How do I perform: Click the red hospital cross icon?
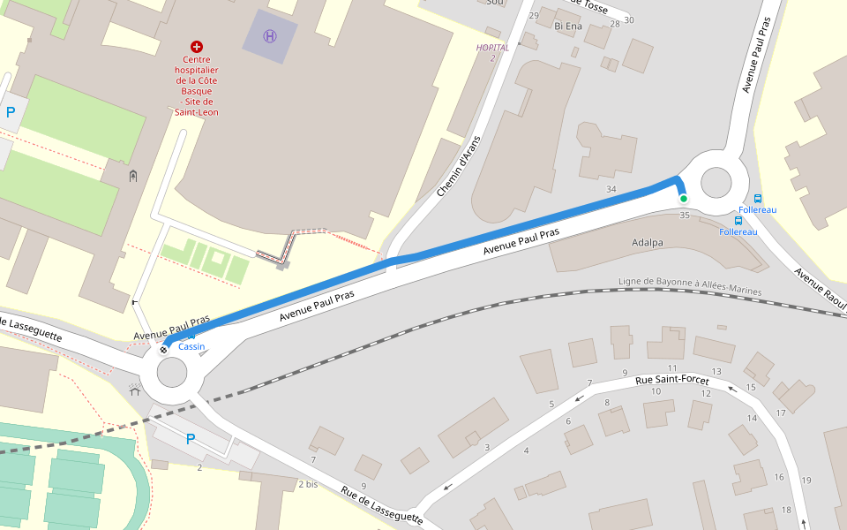(x=197, y=45)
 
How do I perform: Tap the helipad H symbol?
(x=270, y=36)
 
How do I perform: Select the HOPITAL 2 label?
(x=492, y=52)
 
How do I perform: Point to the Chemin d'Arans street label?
(x=460, y=167)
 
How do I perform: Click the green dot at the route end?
(x=683, y=199)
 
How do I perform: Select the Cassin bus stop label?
(x=191, y=346)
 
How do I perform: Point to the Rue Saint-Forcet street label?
(x=672, y=380)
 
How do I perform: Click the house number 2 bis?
(x=308, y=484)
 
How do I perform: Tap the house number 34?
(x=611, y=189)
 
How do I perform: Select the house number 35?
(x=685, y=215)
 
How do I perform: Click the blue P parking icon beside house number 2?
(x=191, y=439)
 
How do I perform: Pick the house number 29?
(x=533, y=16)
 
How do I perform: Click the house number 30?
(x=628, y=20)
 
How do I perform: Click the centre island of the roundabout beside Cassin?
(x=172, y=373)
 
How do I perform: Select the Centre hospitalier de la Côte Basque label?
(x=197, y=86)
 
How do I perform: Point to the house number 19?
(x=806, y=480)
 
